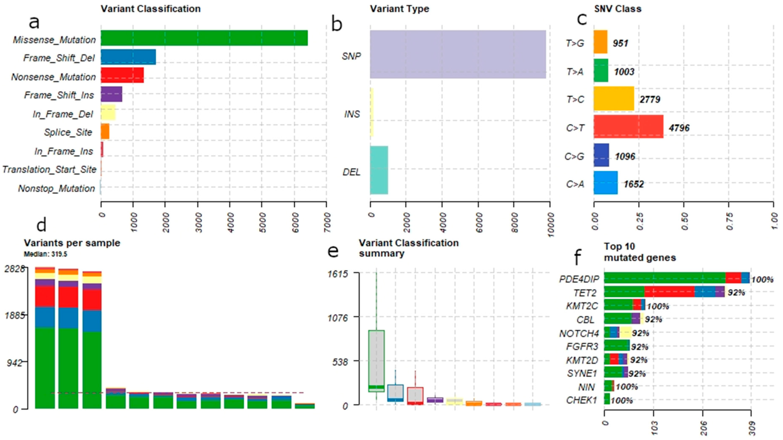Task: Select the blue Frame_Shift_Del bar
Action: pos(128,57)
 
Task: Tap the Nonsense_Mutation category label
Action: pos(53,77)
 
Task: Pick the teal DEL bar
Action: pos(379,170)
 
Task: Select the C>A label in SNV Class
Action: pos(575,184)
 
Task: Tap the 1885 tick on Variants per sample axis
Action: pos(15,315)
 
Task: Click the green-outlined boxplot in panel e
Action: pos(376,361)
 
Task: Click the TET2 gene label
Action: pos(585,293)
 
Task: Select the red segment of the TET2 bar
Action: pos(669,291)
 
